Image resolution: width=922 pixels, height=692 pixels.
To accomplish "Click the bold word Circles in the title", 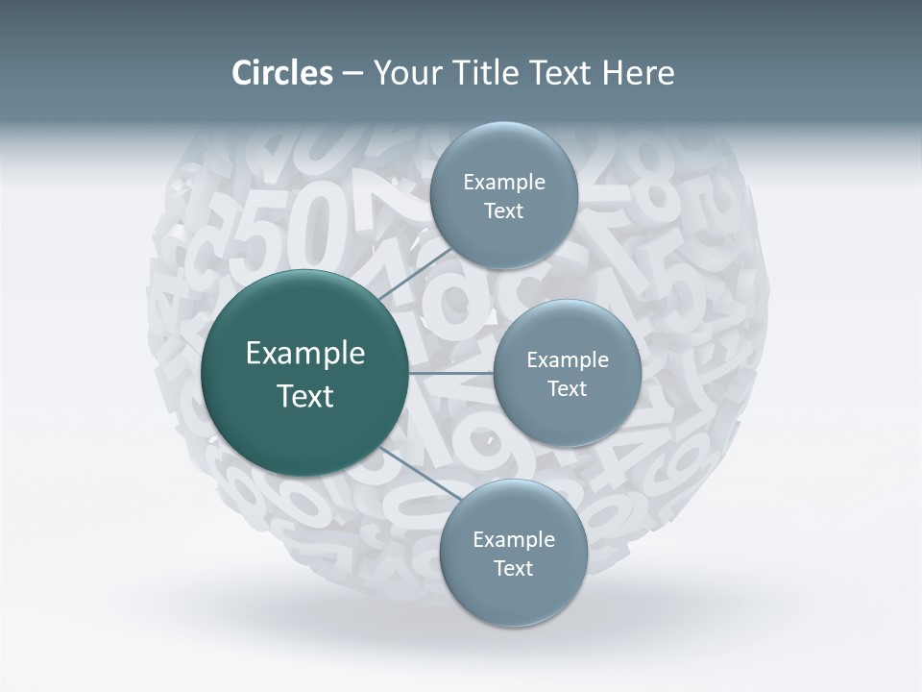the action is click(281, 73).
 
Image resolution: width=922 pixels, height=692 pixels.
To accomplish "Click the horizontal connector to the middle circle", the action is click(451, 373).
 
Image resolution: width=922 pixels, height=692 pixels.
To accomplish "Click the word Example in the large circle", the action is click(305, 354).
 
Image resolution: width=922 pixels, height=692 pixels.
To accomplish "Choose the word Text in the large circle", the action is click(304, 396).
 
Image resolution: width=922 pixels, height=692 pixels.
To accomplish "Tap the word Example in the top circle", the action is click(504, 182).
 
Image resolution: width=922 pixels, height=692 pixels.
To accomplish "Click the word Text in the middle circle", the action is click(567, 388).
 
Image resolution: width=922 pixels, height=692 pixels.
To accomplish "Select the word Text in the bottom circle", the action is click(513, 568).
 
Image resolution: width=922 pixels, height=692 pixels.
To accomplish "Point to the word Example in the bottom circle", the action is click(514, 539).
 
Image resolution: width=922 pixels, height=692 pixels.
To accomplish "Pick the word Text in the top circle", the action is click(503, 210).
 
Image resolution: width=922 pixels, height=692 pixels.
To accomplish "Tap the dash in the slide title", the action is click(352, 74).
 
